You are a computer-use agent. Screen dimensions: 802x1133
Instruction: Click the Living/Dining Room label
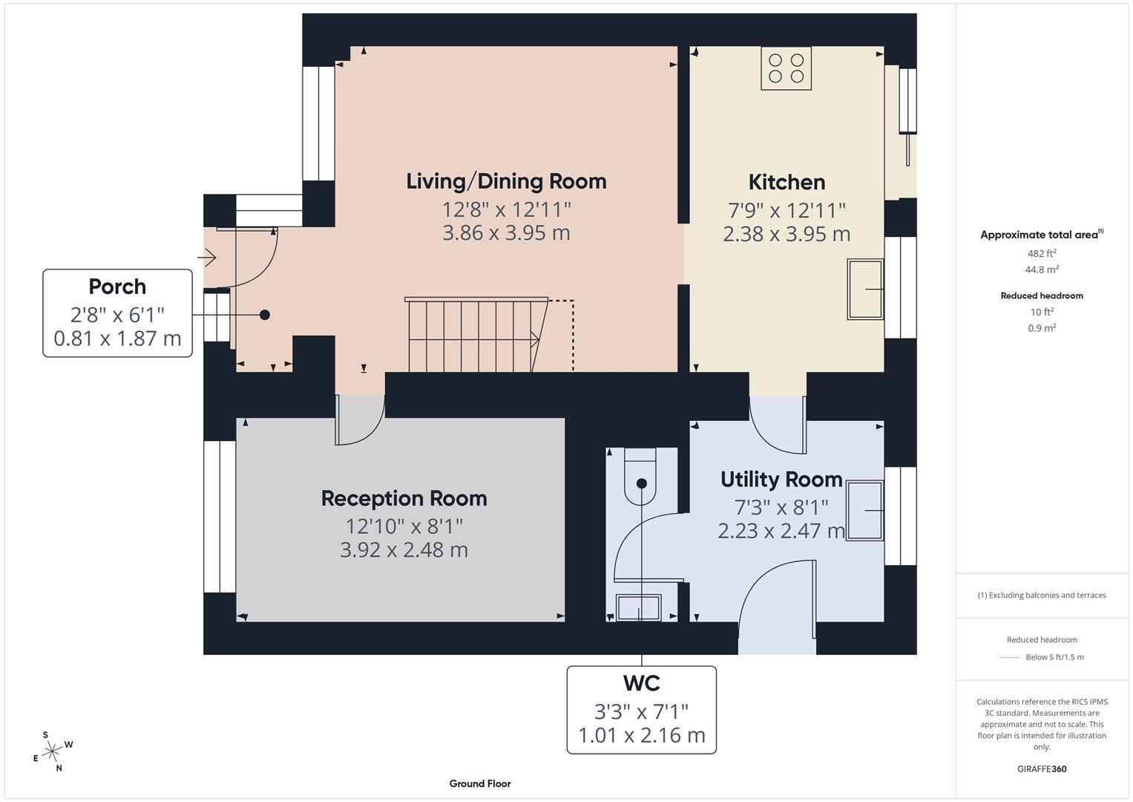coord(506,181)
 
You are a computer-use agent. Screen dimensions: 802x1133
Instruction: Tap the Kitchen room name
coord(786,182)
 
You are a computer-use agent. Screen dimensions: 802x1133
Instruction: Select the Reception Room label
coord(404,498)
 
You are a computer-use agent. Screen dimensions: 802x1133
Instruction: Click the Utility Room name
coord(781,480)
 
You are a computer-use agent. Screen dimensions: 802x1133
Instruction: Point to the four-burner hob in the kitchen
coord(786,68)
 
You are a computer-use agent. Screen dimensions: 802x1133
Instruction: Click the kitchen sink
coord(865,289)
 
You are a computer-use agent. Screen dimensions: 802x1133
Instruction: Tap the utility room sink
coord(864,510)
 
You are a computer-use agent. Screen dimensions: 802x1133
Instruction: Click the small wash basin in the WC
coord(639,607)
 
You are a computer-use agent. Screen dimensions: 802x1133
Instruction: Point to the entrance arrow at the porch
coord(206,258)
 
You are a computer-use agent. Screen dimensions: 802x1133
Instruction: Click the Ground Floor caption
coord(480,783)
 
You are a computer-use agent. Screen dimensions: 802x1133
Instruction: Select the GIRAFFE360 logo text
coord(1042,769)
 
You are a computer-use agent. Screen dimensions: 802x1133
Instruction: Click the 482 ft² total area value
coord(1042,253)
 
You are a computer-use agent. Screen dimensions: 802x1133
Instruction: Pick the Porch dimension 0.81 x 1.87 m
coord(117,339)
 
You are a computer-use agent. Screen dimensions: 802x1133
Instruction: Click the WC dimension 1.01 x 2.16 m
coord(641,735)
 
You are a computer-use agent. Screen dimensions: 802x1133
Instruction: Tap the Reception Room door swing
coord(359,421)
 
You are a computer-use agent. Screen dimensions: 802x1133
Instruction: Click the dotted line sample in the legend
coord(1010,657)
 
